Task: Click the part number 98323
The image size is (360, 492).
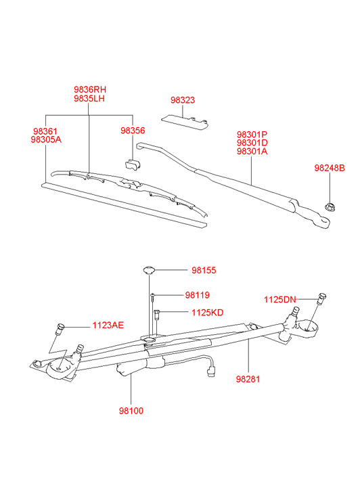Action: coord(183,100)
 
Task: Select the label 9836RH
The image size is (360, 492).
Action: coord(90,89)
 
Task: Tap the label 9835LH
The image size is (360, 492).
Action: coord(89,98)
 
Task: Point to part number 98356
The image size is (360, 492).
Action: coord(133,131)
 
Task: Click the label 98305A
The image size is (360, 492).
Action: coord(46,139)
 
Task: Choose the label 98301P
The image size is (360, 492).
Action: coord(252,135)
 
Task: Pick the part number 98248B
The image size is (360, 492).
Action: coord(330,169)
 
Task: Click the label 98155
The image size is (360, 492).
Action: coord(204,271)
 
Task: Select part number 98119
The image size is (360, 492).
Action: coord(197,295)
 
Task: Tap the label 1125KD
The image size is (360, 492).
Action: coord(208,313)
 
